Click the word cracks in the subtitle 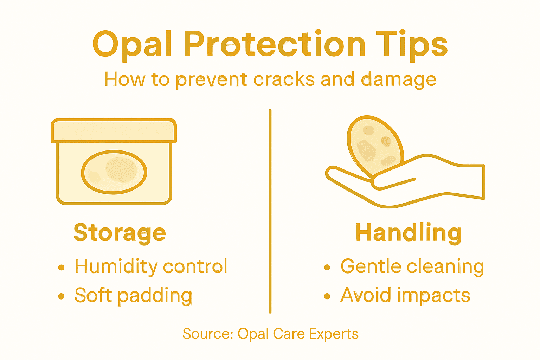pyautogui.click(x=284, y=79)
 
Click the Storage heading pyautogui.click(x=120, y=233)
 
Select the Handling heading pyautogui.click(x=409, y=233)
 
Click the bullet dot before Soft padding pyautogui.click(x=62, y=296)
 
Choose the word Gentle pyautogui.click(x=371, y=266)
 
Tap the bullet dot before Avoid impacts pyautogui.click(x=327, y=296)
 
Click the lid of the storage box pyautogui.click(x=114, y=130)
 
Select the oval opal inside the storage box pyautogui.click(x=114, y=172)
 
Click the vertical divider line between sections pyautogui.click(x=270, y=211)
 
